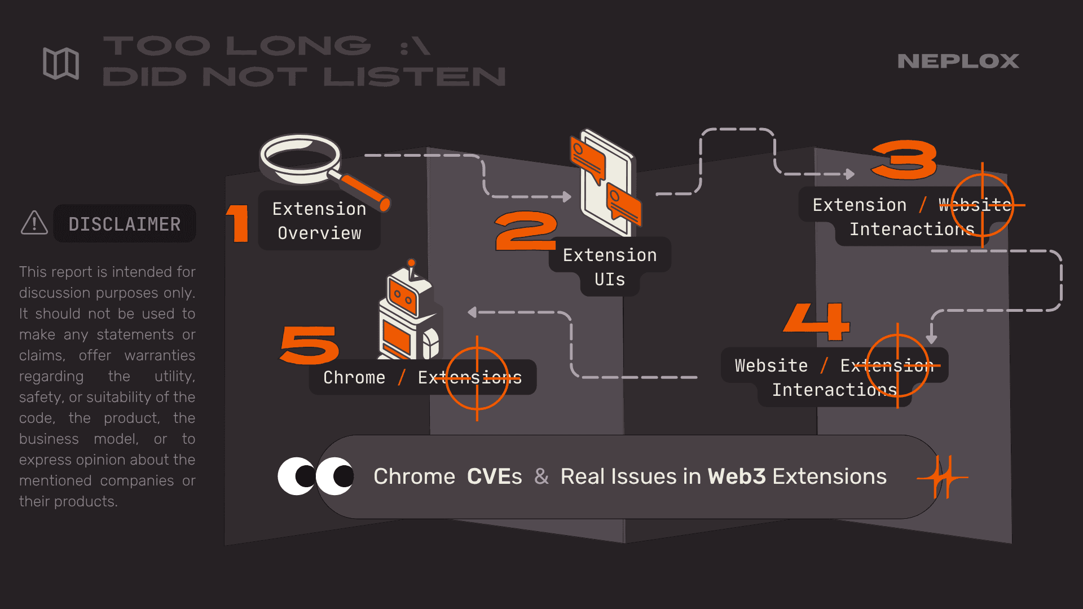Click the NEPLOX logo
(958, 61)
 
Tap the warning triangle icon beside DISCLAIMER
(34, 223)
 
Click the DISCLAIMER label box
(125, 224)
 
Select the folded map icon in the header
(61, 63)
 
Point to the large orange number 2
(525, 231)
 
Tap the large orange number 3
(904, 160)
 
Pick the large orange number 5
(310, 345)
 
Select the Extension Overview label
(319, 221)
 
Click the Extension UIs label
(610, 267)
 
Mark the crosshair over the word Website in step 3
(983, 205)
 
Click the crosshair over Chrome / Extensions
(477, 378)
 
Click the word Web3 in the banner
(737, 477)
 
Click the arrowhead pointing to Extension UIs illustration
(566, 197)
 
